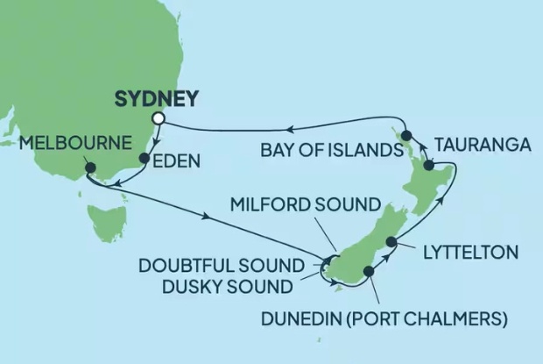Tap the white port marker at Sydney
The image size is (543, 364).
[x=159, y=118]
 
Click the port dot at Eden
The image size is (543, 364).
[x=145, y=159]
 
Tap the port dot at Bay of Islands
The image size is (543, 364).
[x=406, y=135]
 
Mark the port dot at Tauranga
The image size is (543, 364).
[x=428, y=165]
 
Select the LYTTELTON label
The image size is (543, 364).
[x=469, y=253]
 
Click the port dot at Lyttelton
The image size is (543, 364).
[x=391, y=241]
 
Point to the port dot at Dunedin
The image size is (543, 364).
[x=369, y=272]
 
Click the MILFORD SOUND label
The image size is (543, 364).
[x=306, y=205]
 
